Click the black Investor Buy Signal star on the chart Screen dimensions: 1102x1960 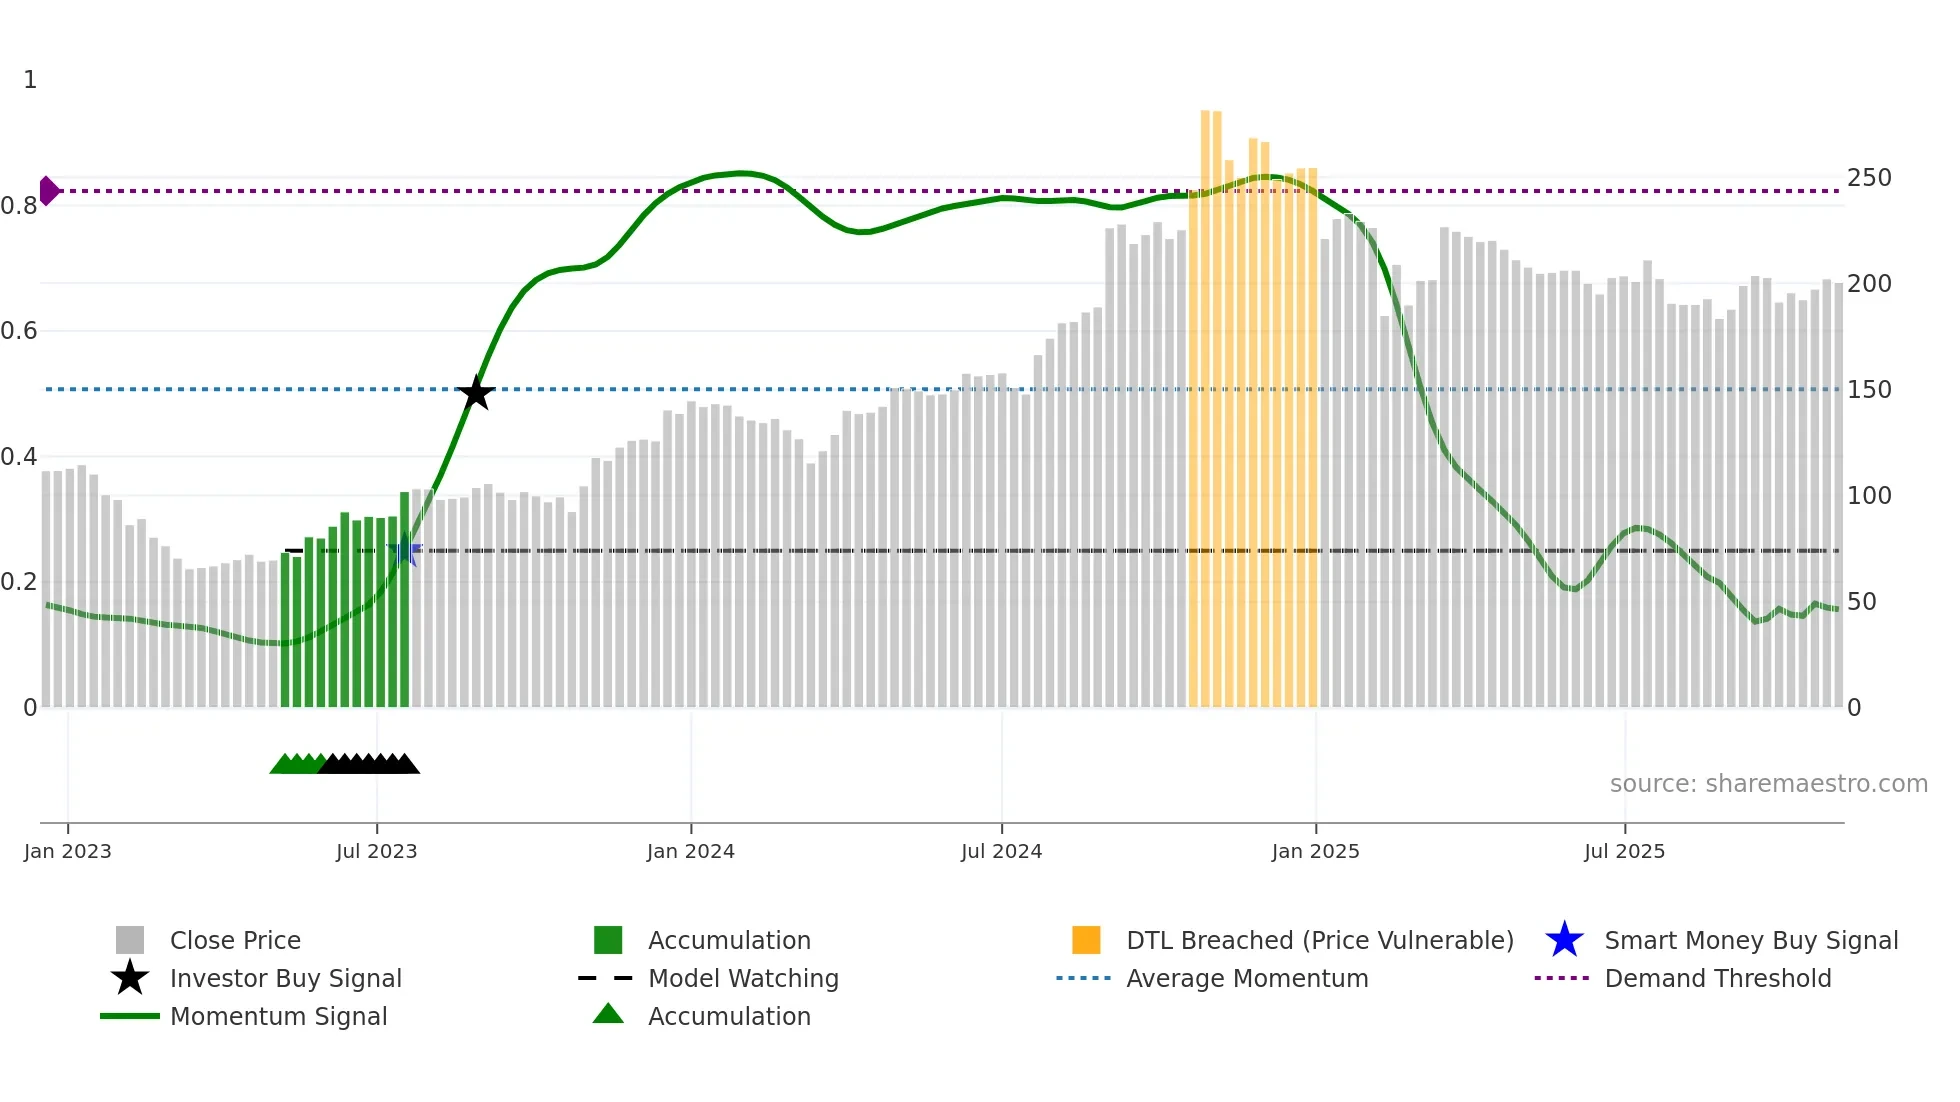point(476,393)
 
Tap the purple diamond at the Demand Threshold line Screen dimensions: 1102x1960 point(48,190)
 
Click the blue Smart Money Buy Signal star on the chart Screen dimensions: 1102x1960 point(404,550)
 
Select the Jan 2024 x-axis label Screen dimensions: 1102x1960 point(690,851)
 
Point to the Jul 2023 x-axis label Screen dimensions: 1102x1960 point(376,851)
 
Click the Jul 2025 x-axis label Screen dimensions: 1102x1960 point(1624,851)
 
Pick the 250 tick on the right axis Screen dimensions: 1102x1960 point(1869,178)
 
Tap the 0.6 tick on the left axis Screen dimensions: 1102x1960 point(19,331)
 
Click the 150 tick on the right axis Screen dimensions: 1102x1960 point(1869,390)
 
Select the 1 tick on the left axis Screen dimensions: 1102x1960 point(30,80)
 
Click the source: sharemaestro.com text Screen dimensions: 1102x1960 point(1768,784)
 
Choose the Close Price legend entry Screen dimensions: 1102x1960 point(235,940)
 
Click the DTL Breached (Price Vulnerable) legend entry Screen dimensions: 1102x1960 point(1319,940)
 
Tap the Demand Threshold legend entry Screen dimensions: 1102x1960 point(1717,978)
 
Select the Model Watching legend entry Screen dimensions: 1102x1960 point(743,978)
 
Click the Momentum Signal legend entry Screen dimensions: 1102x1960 point(278,1016)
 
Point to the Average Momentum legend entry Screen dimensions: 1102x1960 point(1247,978)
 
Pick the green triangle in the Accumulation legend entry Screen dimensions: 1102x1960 point(608,1014)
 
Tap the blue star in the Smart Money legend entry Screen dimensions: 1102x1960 point(1564,940)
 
